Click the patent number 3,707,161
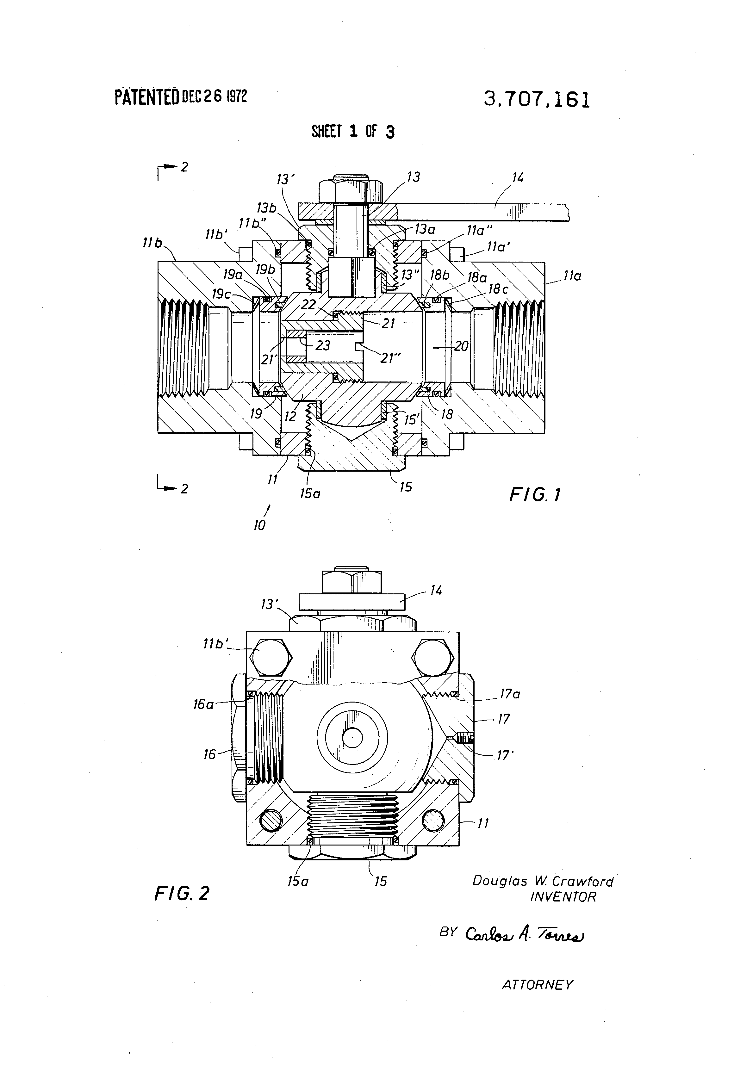tap(537, 100)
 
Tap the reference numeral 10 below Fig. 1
tap(259, 525)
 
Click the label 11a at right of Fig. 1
tap(572, 276)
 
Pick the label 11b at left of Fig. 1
tap(152, 243)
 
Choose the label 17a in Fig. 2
tap(509, 694)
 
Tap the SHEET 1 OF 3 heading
tap(353, 132)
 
